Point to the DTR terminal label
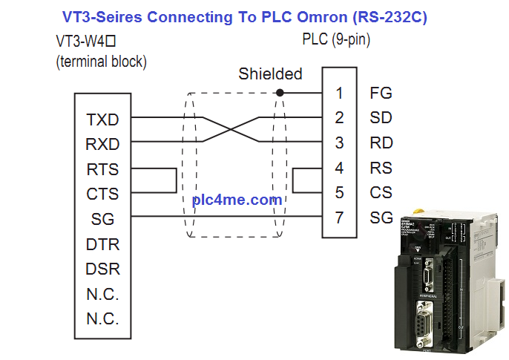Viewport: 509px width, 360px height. tap(103, 244)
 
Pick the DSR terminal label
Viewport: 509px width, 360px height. tap(103, 269)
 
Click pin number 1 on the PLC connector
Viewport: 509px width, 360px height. tap(339, 94)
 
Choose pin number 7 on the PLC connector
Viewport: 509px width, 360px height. tap(339, 218)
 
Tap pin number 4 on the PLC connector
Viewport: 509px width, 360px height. tap(339, 168)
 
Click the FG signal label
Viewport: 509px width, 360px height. tap(381, 94)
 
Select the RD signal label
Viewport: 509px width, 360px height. tap(381, 143)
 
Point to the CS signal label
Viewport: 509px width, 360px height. tap(381, 193)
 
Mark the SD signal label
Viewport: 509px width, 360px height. tap(381, 118)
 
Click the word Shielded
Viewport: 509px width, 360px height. tap(270, 74)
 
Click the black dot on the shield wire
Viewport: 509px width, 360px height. tap(279, 93)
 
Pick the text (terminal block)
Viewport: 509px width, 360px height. tap(102, 62)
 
